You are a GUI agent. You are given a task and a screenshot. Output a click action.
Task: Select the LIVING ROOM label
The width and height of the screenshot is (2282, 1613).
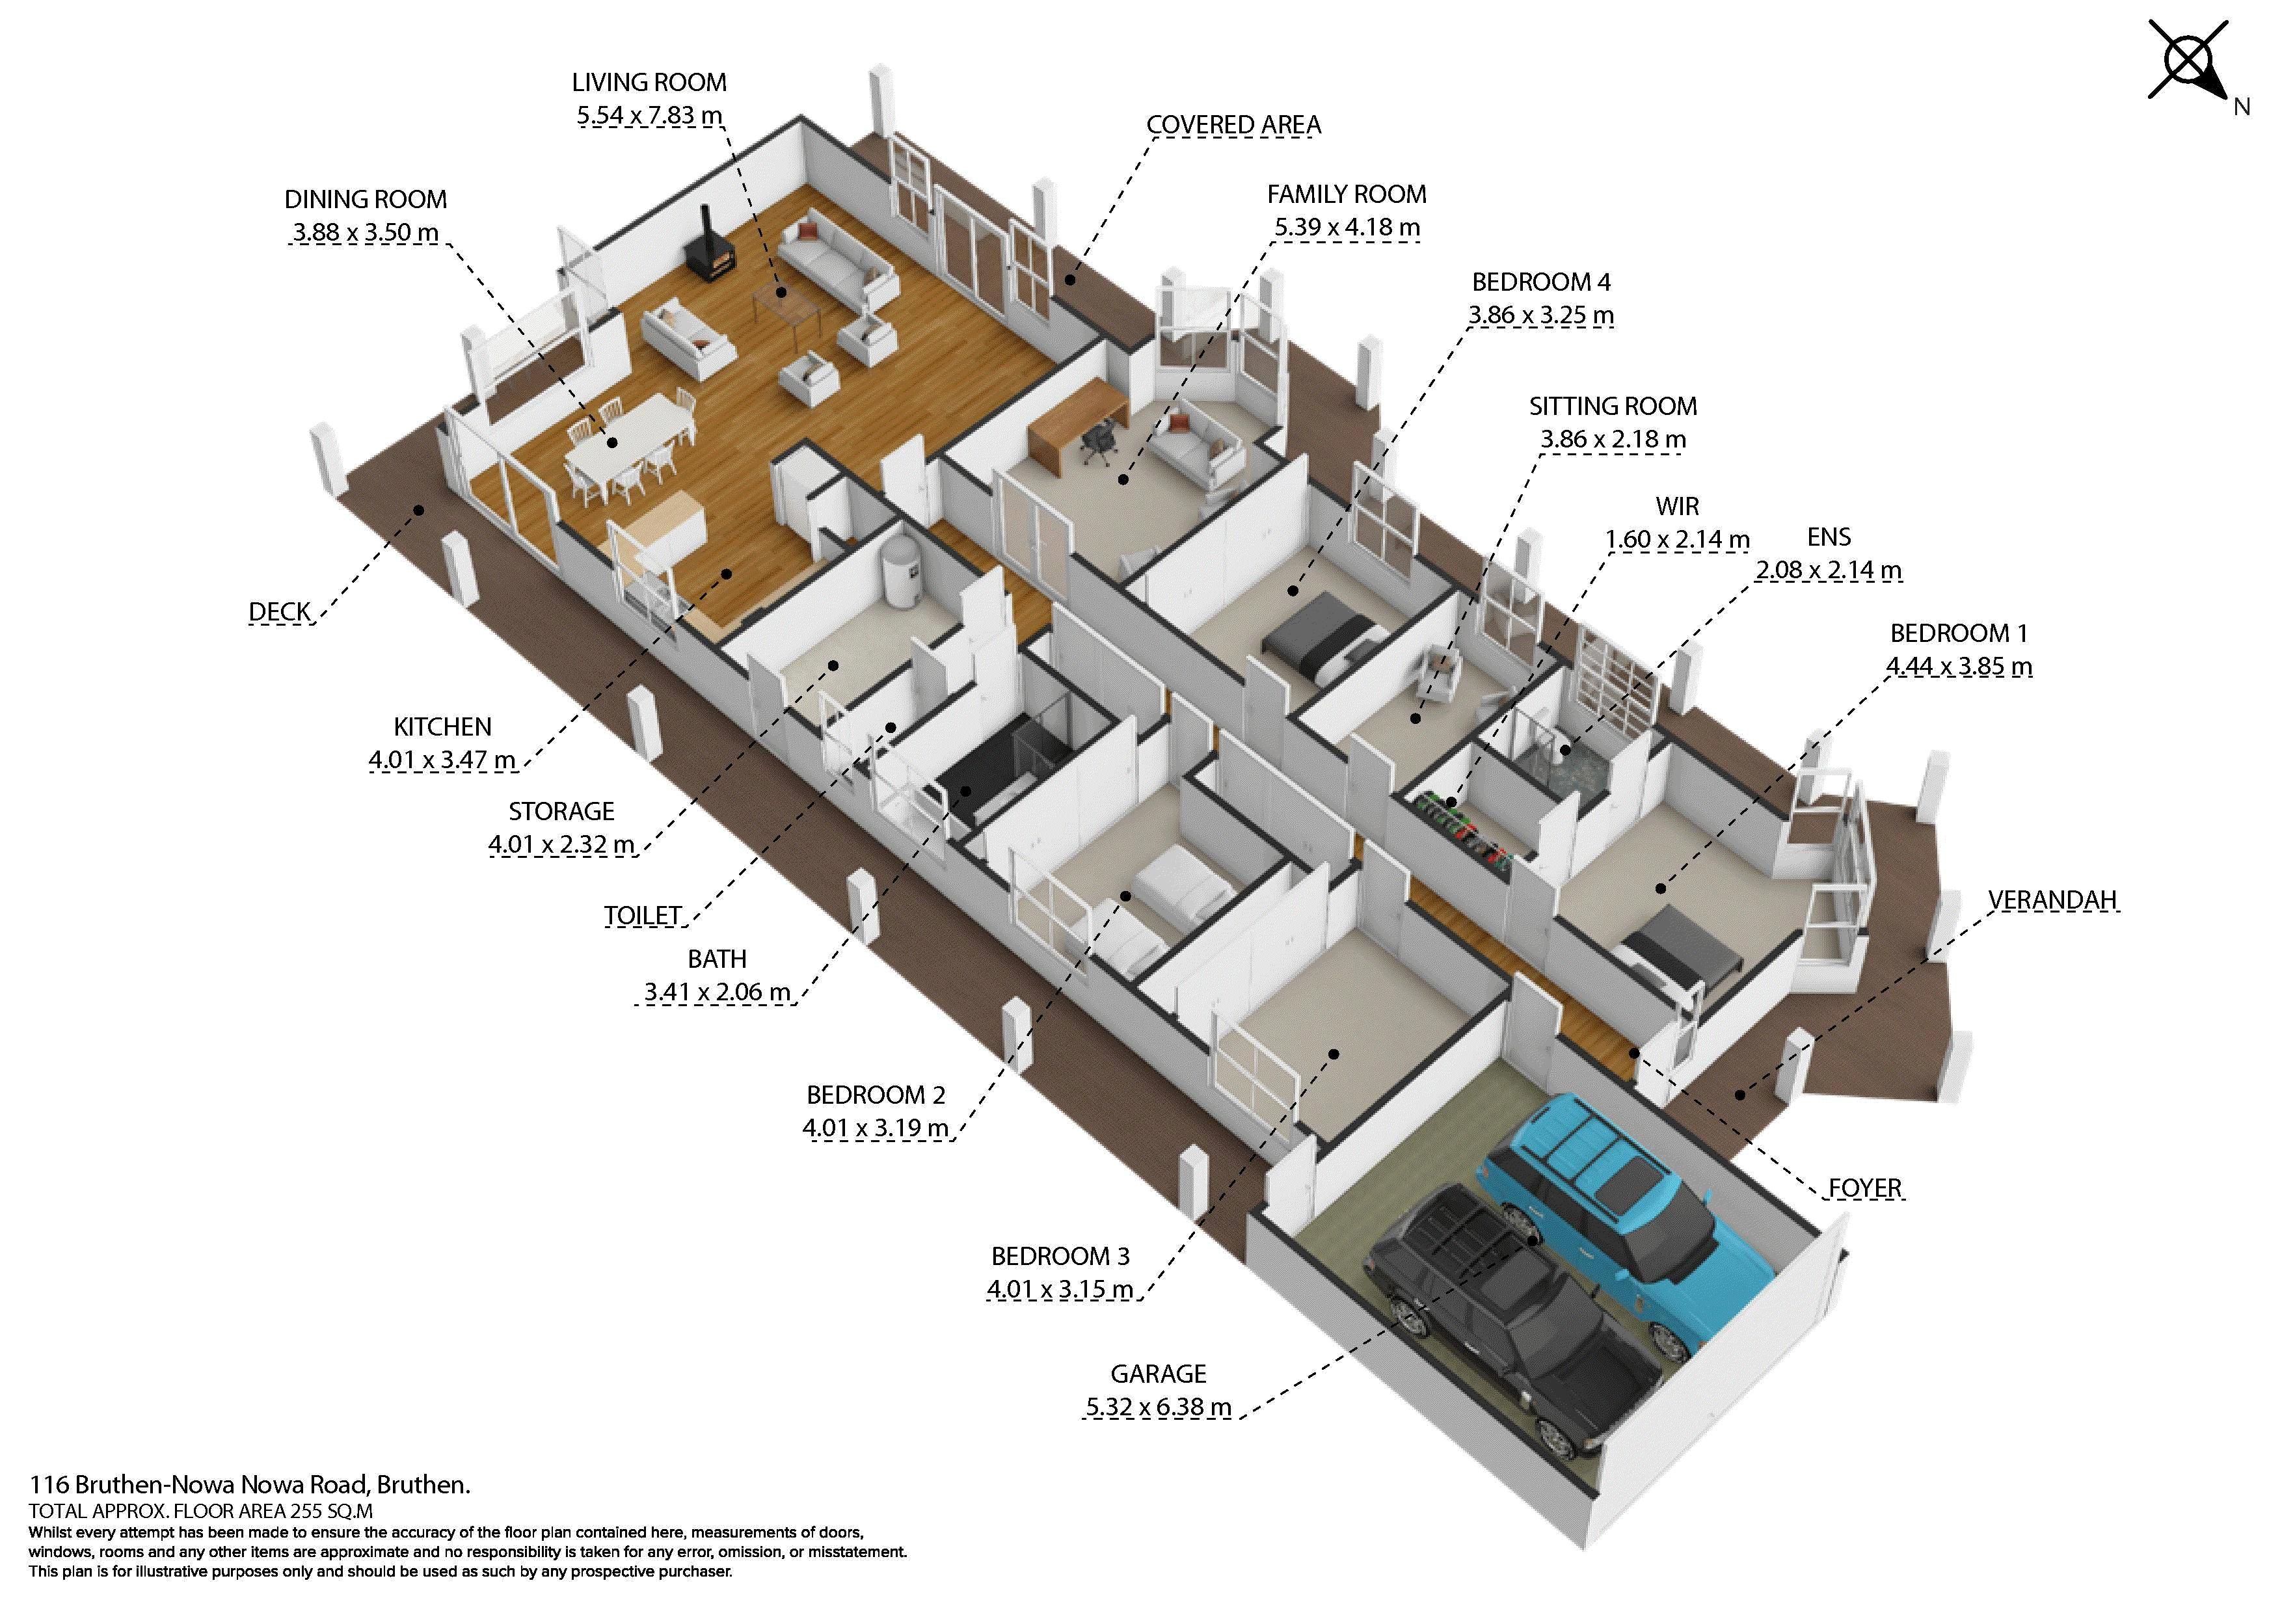coord(649,83)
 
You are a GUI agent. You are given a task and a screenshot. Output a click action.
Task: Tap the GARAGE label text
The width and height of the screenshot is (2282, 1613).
coord(1158,1374)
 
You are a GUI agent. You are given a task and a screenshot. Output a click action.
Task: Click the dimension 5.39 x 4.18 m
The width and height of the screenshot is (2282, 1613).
coord(1347,228)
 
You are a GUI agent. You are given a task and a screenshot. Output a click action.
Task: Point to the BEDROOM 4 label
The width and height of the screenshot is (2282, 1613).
coord(1540,282)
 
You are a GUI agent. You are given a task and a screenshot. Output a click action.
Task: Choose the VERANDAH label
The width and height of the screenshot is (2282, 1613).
coord(2052,900)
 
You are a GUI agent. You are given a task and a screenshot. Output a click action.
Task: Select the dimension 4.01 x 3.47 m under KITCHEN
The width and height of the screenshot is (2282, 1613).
coord(442,760)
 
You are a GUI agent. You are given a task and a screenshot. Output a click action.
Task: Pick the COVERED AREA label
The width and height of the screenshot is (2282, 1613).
coord(1233,126)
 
